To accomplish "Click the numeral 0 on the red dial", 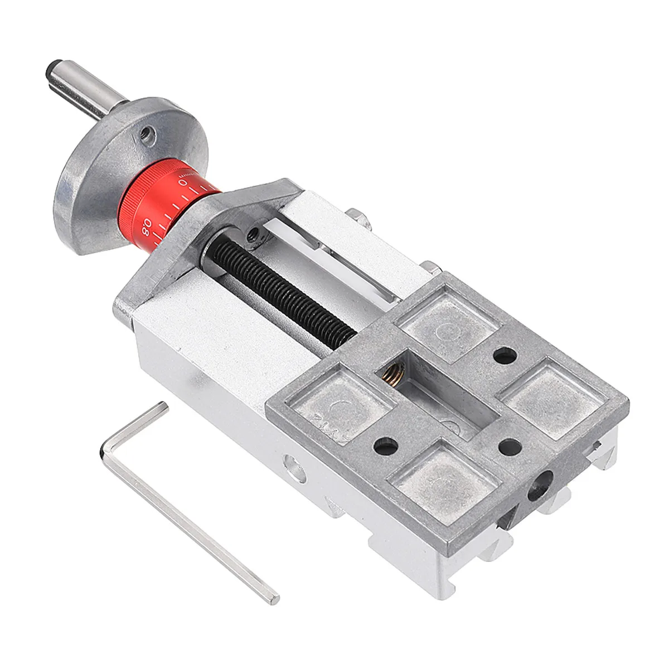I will click(182, 182).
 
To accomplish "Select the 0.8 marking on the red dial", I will click(146, 227).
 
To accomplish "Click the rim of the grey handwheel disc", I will click(67, 195).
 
